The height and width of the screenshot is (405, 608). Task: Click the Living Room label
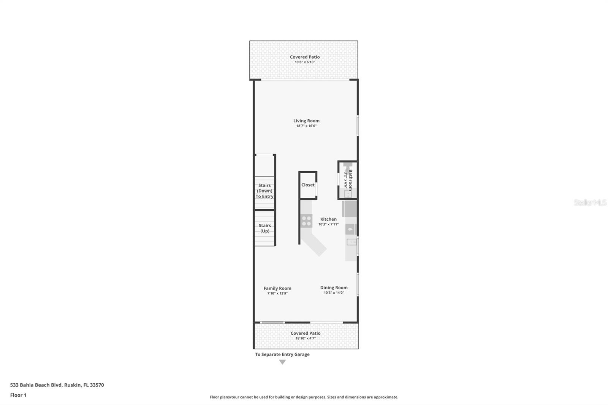pyautogui.click(x=306, y=121)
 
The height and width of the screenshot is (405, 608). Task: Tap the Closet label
pyautogui.click(x=308, y=185)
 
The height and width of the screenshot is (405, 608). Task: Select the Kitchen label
pyautogui.click(x=328, y=219)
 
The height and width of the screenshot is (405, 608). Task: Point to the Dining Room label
pyautogui.click(x=334, y=288)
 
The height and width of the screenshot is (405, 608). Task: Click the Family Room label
pyautogui.click(x=277, y=288)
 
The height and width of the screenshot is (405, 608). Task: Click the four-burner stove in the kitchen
pyautogui.click(x=306, y=221)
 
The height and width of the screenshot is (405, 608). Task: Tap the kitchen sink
pyautogui.click(x=351, y=242)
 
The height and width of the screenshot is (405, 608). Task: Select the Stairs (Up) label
pyautogui.click(x=265, y=228)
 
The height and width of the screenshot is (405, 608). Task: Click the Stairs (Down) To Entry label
pyautogui.click(x=264, y=191)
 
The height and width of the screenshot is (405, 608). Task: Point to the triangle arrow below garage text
pyautogui.click(x=282, y=362)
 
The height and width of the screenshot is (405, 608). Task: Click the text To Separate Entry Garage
pyautogui.click(x=282, y=354)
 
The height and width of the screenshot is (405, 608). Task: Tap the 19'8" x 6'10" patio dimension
pyautogui.click(x=305, y=62)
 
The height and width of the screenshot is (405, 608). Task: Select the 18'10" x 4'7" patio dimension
pyautogui.click(x=306, y=338)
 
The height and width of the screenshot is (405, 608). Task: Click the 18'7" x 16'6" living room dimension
pyautogui.click(x=306, y=126)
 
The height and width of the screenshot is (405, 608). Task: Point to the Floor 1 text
pyautogui.click(x=18, y=395)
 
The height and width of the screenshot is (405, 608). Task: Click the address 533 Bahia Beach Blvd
pyautogui.click(x=57, y=385)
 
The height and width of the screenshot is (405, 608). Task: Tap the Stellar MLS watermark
pyautogui.click(x=590, y=202)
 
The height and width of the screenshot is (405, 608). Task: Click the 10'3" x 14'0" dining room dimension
pyautogui.click(x=334, y=293)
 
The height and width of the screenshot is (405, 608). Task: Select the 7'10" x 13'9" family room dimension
pyautogui.click(x=277, y=293)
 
